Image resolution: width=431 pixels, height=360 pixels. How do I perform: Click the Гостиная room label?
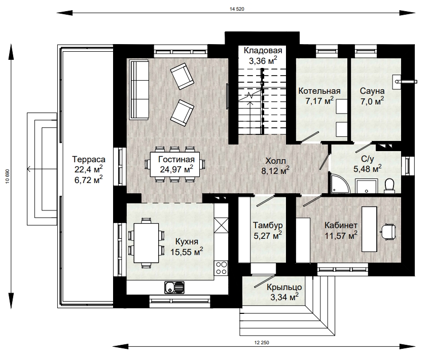[176, 159]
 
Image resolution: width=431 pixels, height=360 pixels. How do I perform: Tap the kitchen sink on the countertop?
[174, 287]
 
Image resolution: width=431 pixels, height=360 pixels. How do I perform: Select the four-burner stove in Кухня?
[221, 268]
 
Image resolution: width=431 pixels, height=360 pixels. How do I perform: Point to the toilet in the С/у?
[389, 186]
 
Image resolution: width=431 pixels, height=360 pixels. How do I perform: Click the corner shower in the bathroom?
[340, 184]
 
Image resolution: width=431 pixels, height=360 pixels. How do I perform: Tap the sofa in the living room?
[139, 90]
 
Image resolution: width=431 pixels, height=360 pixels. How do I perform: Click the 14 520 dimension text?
[237, 9]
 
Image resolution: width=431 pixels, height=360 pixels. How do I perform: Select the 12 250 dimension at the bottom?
[262, 343]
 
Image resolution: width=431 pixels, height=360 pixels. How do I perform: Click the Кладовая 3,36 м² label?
[263, 56]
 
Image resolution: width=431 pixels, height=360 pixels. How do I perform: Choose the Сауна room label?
[372, 91]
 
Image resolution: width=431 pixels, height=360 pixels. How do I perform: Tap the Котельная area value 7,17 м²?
[319, 100]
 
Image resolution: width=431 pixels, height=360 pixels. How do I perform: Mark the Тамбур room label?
[268, 226]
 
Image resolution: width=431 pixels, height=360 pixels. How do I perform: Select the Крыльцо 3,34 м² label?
[284, 292]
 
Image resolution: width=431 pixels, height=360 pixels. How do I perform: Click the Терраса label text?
[89, 159]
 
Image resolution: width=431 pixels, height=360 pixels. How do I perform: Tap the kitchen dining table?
[146, 243]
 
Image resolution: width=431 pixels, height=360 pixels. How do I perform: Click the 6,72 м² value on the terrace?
[89, 180]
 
